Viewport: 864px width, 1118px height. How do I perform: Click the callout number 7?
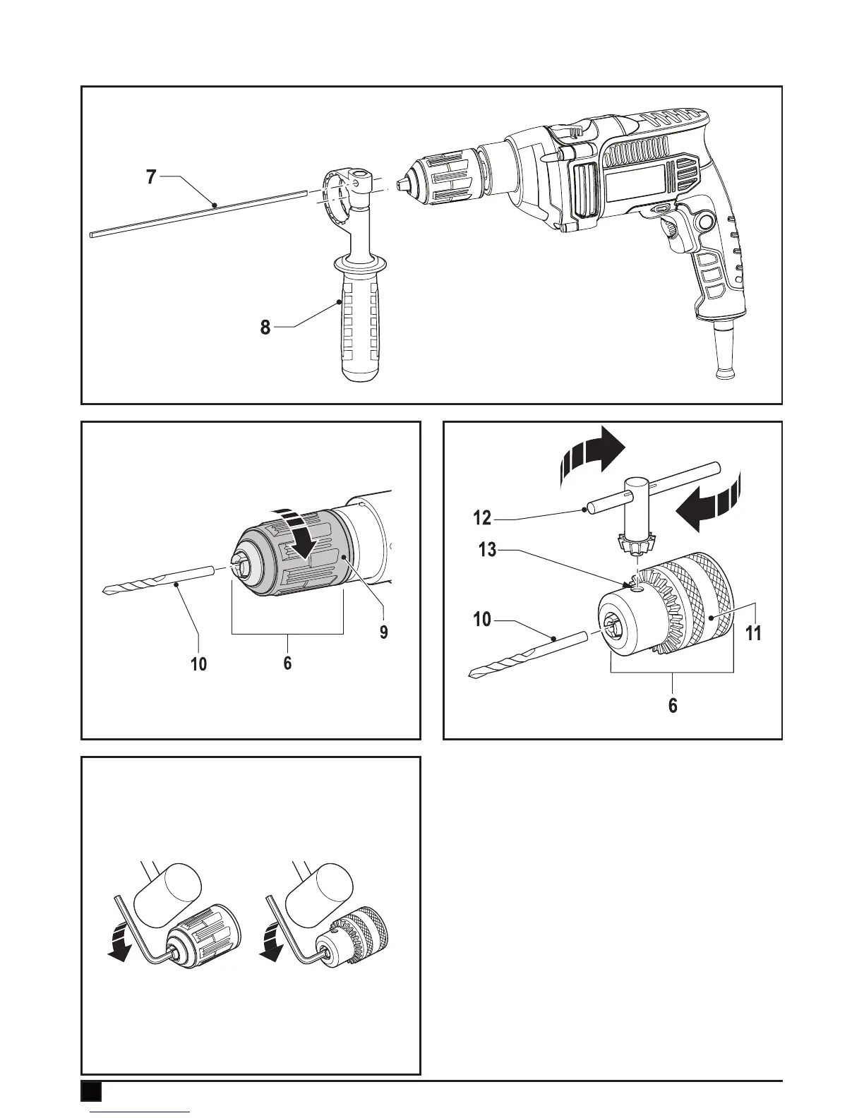click(x=151, y=176)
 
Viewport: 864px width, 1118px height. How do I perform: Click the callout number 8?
click(x=265, y=327)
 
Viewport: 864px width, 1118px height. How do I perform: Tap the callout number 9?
click(x=383, y=630)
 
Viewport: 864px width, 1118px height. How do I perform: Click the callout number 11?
click(x=753, y=632)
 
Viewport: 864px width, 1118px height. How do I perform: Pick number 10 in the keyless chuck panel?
click(x=199, y=663)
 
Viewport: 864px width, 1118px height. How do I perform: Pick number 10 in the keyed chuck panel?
click(x=482, y=620)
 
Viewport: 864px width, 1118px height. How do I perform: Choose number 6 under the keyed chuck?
click(x=673, y=704)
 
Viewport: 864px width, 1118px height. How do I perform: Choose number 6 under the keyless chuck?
click(x=287, y=663)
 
